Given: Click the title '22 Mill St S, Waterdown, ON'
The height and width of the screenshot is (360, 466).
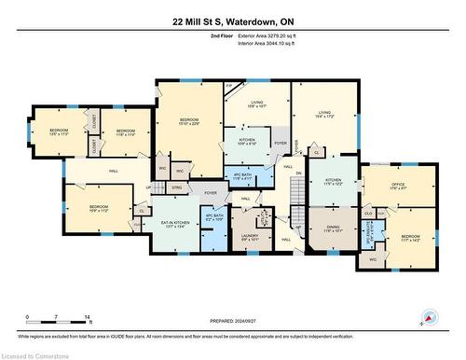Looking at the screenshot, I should point(232,21).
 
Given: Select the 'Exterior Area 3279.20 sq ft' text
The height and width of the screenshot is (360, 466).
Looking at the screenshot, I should point(271,35).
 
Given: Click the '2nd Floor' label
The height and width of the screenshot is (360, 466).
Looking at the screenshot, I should point(221,35).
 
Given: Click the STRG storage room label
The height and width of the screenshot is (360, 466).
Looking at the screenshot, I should point(176,187).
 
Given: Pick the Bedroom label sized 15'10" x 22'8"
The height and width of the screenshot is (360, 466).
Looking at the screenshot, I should point(189,122).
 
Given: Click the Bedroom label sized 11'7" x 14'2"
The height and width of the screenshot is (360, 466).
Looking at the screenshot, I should point(411,239).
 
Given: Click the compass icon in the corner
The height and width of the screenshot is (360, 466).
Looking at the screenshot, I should point(427,317).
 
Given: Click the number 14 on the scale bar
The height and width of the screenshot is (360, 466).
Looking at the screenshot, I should point(88,318).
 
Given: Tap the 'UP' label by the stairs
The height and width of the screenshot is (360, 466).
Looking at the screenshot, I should point(148,187).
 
